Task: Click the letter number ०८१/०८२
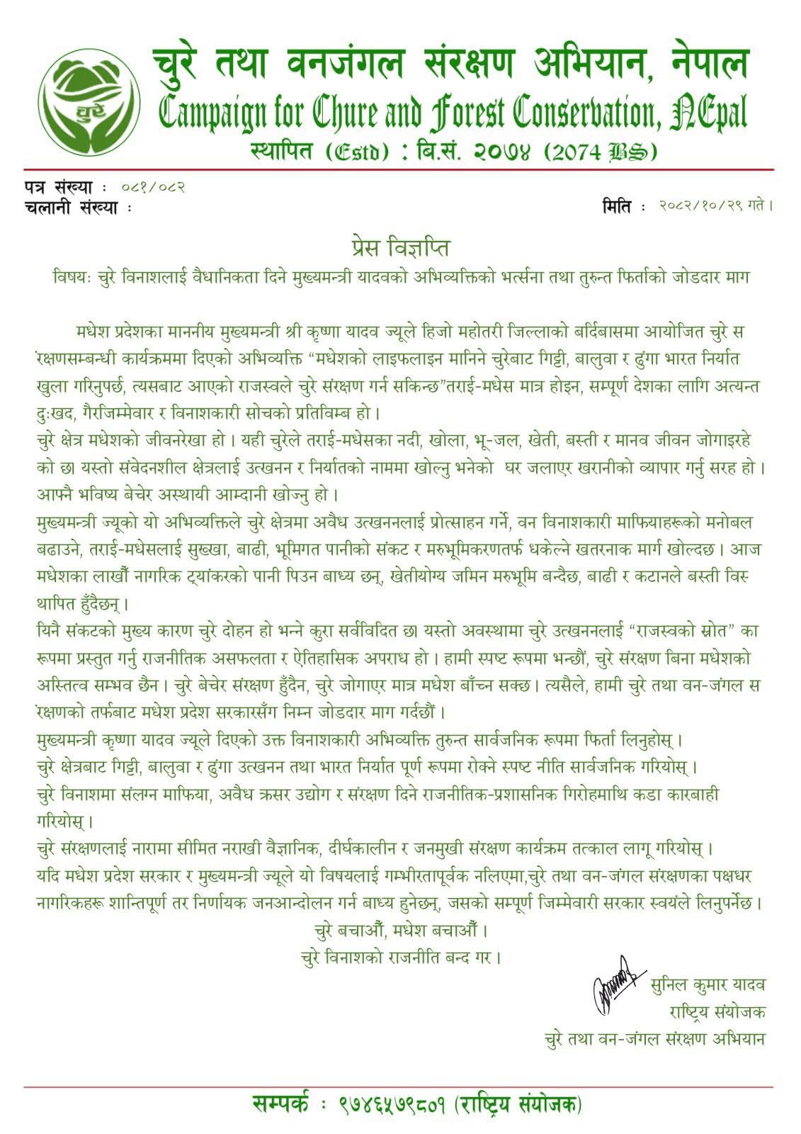coord(153,188)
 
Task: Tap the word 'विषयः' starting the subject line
coord(71,276)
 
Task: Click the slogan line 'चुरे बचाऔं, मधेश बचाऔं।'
coord(400,930)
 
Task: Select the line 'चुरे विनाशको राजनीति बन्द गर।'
coord(401,958)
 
